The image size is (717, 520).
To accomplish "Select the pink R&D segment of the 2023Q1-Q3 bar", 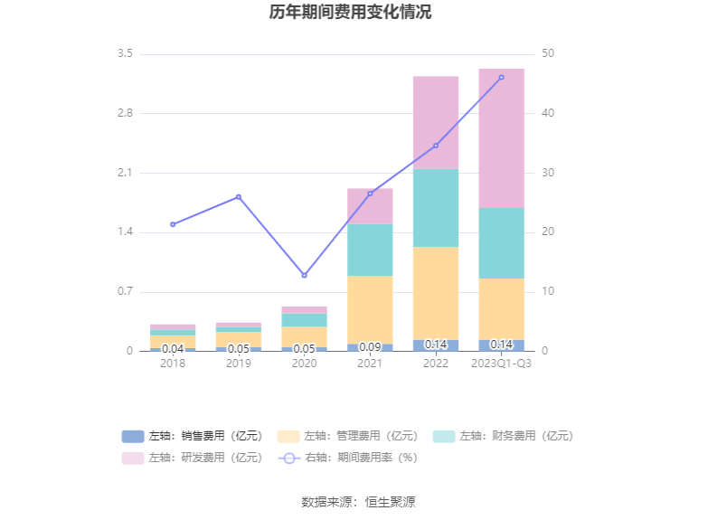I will [501, 137].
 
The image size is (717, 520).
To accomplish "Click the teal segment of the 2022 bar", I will [436, 208].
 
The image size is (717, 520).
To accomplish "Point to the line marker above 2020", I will [304, 276].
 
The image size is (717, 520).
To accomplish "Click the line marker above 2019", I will [239, 197].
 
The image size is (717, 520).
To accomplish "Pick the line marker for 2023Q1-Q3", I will [501, 78].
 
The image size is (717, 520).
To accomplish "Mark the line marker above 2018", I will [173, 224].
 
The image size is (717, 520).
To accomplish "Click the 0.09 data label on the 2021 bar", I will [370, 347].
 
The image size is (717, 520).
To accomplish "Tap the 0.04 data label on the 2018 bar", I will [173, 349].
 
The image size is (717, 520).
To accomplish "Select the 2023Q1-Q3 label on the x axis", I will [501, 364].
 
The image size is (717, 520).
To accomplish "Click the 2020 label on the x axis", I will [304, 364].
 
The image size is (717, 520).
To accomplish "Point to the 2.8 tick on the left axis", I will [125, 114].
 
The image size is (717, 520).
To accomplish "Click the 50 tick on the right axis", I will [548, 54].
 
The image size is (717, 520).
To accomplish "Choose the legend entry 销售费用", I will [192, 436].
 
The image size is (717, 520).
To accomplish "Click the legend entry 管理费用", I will [348, 436].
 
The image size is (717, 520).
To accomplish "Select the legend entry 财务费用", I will [504, 436].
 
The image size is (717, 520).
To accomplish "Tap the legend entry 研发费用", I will [192, 458].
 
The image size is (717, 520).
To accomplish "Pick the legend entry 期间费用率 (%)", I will [348, 458].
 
